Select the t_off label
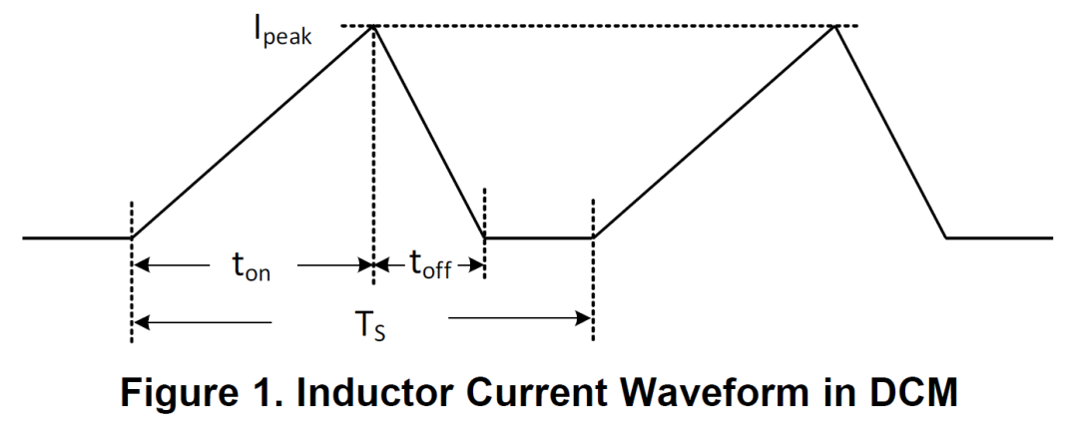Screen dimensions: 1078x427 point(431,264)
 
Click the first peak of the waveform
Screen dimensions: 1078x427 point(373,26)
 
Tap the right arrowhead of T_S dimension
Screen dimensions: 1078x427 point(583,318)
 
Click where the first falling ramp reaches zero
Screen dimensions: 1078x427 point(485,237)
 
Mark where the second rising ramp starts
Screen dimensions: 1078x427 point(593,237)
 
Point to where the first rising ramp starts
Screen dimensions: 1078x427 point(132,237)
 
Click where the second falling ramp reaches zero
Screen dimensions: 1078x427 point(946,237)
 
